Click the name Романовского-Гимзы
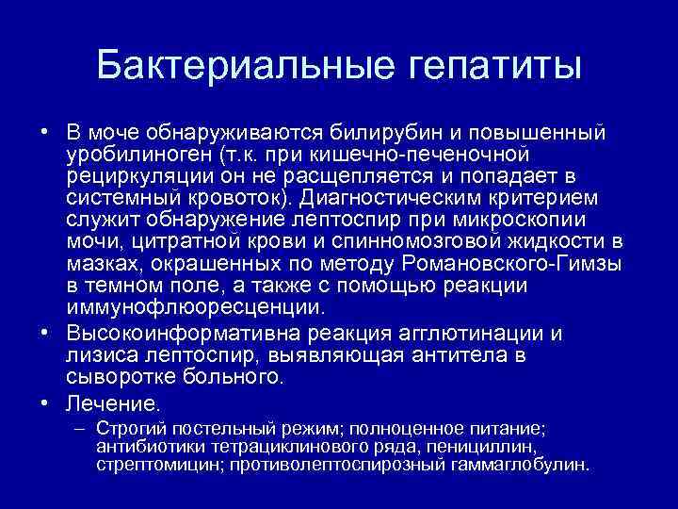(x=500, y=264)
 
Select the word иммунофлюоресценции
(x=190, y=308)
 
